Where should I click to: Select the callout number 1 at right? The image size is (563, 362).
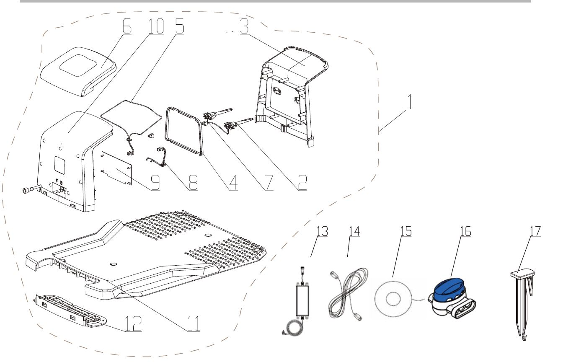coord(411,102)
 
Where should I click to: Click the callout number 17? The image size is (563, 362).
coord(534,231)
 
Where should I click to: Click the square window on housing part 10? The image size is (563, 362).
coord(60,165)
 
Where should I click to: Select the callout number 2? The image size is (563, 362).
coord(301,181)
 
